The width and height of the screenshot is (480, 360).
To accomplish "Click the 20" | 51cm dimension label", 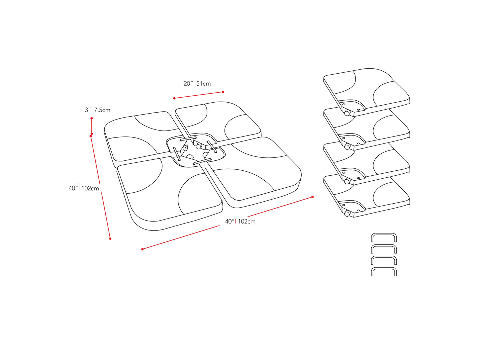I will [197, 84].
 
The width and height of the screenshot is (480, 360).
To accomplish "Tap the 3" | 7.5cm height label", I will [97, 110].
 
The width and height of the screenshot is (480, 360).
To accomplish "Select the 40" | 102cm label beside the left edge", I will [84, 188].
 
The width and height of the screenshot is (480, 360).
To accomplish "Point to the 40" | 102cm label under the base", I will [240, 222].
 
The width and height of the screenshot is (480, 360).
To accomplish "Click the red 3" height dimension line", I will [92, 126].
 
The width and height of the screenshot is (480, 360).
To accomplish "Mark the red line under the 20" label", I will [199, 95].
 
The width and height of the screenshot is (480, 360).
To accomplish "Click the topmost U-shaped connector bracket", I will [384, 237].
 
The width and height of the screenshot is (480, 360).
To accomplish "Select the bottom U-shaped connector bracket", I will [384, 271].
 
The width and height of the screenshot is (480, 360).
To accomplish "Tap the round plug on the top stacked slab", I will [347, 113].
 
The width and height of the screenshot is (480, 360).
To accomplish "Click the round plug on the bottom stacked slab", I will [347, 214].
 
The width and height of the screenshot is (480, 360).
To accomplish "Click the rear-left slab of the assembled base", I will [136, 136].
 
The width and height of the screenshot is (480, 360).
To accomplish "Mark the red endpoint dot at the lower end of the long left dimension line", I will [110, 238].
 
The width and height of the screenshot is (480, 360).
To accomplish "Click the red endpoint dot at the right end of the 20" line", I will [223, 92].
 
